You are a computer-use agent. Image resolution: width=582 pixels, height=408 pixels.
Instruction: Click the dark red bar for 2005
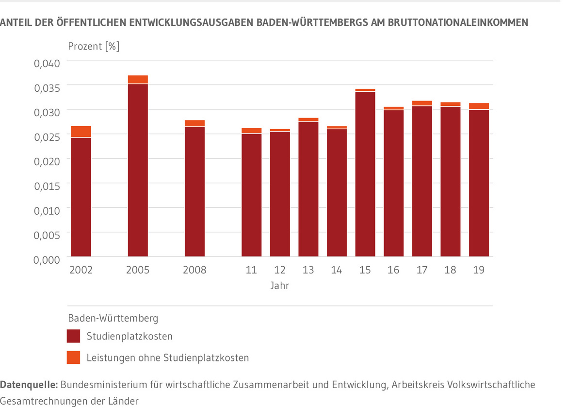pyautogui.click(x=138, y=170)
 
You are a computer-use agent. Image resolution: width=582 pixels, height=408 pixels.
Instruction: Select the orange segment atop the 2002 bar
pyautogui.click(x=81, y=132)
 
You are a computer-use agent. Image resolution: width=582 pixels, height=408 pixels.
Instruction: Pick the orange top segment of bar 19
pyautogui.click(x=479, y=106)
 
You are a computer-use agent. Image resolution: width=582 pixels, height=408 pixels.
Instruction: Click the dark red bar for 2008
pyautogui.click(x=194, y=191)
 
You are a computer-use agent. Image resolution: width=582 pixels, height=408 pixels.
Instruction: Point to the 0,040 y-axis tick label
pyautogui.click(x=46, y=63)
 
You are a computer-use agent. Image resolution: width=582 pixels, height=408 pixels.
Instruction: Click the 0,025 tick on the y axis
pyautogui.click(x=46, y=136)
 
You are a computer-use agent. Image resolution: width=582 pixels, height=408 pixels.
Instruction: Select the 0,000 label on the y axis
pyautogui.click(x=46, y=259)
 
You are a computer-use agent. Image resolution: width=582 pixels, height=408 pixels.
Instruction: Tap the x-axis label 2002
pyautogui.click(x=81, y=270)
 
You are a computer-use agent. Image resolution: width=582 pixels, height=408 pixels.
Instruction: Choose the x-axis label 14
pyautogui.click(x=337, y=270)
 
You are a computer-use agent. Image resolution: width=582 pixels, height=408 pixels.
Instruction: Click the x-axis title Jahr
pyautogui.click(x=280, y=286)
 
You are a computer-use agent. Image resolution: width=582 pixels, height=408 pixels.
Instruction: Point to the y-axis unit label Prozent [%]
pyautogui.click(x=94, y=47)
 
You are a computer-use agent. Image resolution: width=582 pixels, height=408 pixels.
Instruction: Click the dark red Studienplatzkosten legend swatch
pyautogui.click(x=74, y=336)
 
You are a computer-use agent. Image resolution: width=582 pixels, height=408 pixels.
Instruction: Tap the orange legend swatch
pyautogui.click(x=74, y=358)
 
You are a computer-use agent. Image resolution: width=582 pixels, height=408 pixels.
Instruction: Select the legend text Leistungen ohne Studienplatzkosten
pyautogui.click(x=167, y=358)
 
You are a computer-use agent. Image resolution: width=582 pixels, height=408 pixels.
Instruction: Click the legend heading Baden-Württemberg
pyautogui.click(x=113, y=319)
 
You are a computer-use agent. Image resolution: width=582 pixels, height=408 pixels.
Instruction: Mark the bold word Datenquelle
pyautogui.click(x=29, y=385)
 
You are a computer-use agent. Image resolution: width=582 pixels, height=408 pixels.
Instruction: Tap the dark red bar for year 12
pyautogui.click(x=280, y=194)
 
